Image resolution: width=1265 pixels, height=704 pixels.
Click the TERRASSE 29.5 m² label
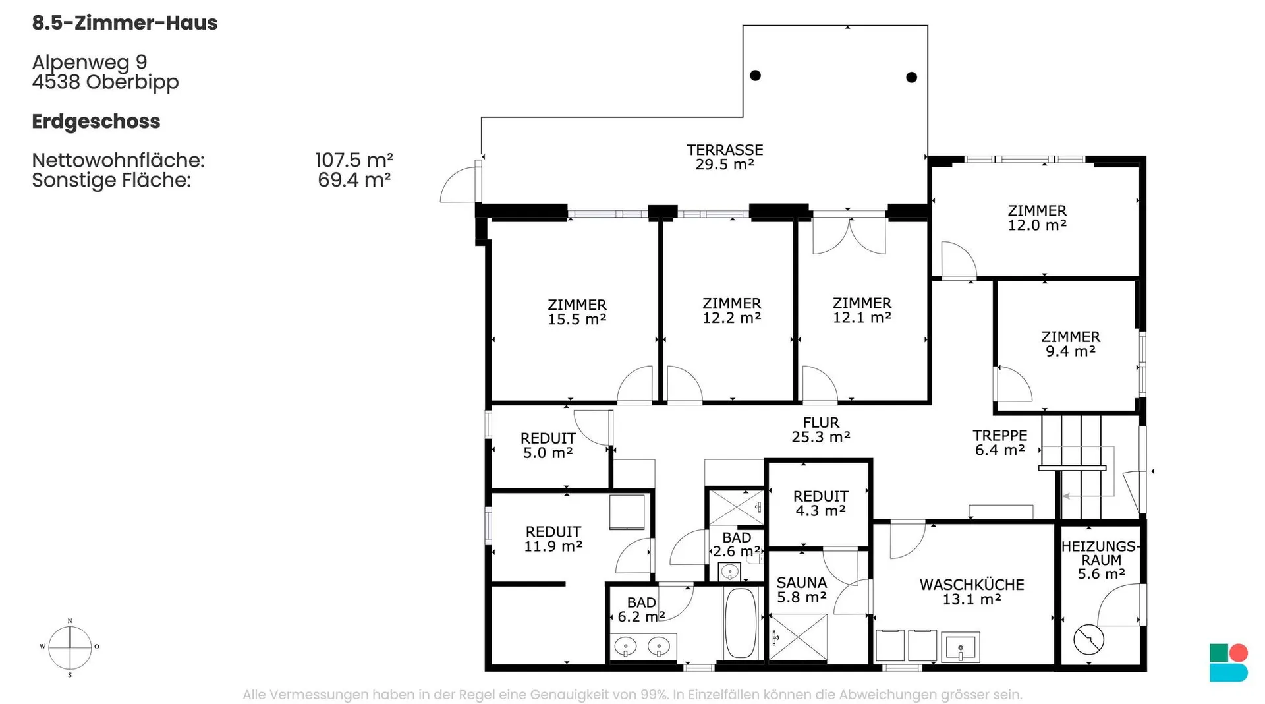[x=725, y=157]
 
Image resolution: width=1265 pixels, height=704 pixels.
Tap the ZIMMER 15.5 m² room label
[x=577, y=312]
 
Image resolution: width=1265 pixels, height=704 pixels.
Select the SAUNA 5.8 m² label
[x=801, y=590]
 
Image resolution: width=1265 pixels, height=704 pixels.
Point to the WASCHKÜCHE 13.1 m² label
[x=972, y=592]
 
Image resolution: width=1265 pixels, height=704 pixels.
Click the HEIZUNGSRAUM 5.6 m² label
[x=1100, y=560]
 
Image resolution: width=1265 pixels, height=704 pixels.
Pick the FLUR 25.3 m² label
[x=821, y=429]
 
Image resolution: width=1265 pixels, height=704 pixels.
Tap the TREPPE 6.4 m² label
[x=1000, y=442]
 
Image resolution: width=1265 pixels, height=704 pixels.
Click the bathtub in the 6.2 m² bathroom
[x=741, y=622]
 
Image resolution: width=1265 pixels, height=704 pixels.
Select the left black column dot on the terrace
[x=756, y=75]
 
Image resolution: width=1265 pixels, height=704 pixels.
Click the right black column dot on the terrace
[x=912, y=77]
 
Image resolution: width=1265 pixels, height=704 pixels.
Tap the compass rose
[x=70, y=647]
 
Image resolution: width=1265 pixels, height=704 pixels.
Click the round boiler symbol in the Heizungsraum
[x=1088, y=639]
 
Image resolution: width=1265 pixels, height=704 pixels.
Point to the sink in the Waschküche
[x=961, y=647]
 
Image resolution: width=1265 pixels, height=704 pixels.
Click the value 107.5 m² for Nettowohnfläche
[x=354, y=160]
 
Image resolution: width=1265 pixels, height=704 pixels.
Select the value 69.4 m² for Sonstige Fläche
[x=354, y=180]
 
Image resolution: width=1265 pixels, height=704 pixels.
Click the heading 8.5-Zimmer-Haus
[x=125, y=23]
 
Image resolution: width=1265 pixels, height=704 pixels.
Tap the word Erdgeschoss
[x=96, y=122]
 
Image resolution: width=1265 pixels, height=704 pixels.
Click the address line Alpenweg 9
[x=90, y=62]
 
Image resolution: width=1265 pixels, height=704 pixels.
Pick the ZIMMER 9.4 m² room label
[x=1071, y=344]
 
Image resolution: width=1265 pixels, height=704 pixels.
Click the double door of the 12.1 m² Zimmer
[x=849, y=234]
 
